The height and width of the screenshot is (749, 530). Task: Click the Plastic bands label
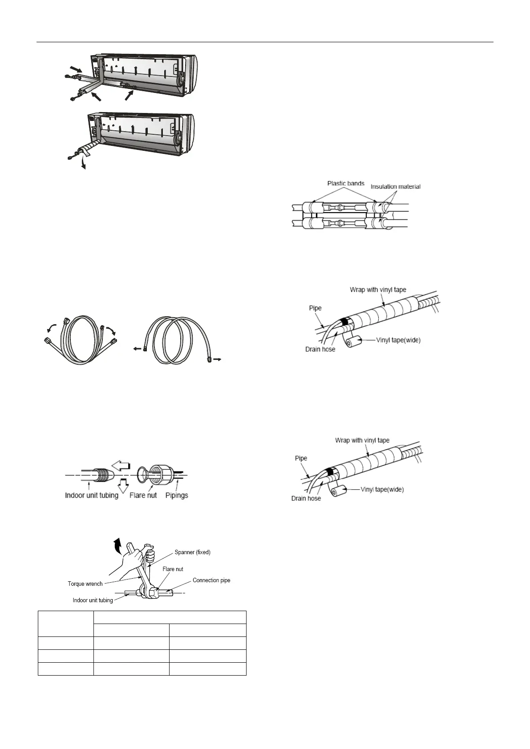(345, 183)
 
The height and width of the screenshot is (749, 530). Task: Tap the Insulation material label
(395, 186)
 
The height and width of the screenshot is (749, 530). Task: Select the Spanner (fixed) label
(192, 552)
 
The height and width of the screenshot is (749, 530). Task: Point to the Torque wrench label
(85, 584)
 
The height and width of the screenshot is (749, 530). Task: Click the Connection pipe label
(211, 580)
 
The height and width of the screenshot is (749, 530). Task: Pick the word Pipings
(177, 495)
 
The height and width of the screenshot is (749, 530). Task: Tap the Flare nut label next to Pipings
(143, 495)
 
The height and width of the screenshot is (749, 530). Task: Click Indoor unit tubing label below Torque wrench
(93, 600)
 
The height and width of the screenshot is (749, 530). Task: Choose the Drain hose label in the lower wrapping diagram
(306, 498)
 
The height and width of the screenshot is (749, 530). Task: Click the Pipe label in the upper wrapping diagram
(315, 308)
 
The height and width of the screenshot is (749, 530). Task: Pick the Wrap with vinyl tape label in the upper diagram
(378, 290)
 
